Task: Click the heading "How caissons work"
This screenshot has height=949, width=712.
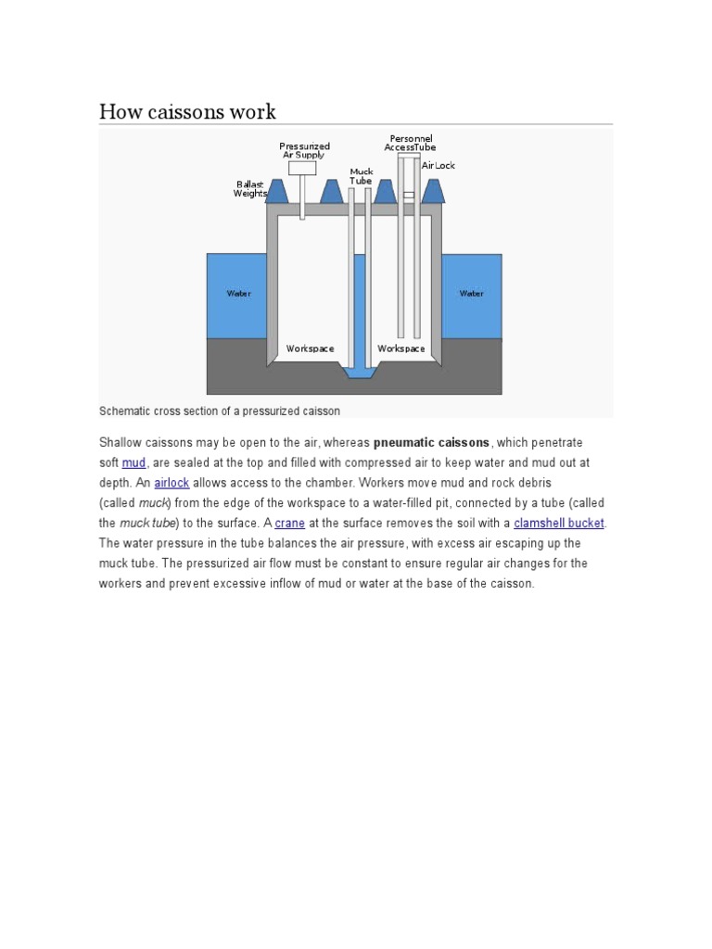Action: pos(187,112)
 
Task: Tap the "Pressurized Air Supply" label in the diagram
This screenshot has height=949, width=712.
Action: pos(304,150)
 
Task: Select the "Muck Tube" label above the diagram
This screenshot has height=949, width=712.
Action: pos(361,176)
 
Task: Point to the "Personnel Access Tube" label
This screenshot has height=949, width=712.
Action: pos(410,143)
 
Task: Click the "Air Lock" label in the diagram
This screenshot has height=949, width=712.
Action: pos(439,166)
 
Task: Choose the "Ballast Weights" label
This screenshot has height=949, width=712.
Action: pos(249,189)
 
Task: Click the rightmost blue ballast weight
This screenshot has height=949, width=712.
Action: pos(432,191)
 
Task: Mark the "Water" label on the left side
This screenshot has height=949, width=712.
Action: pos(238,294)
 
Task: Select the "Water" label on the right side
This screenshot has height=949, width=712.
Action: pos(471,294)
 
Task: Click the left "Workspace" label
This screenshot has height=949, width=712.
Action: pos(310,348)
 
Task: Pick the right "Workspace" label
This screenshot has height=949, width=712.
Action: pos(400,348)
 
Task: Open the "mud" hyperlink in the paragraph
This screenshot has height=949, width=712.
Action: pos(133,462)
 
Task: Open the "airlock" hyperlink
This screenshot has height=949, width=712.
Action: pos(172,483)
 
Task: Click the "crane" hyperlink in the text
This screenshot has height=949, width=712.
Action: pos(289,523)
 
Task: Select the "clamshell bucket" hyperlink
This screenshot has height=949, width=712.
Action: pos(558,523)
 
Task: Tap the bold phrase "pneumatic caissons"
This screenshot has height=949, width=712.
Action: pos(431,442)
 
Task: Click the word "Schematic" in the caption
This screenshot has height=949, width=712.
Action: pos(126,411)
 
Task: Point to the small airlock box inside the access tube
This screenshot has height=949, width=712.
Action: pos(409,195)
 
